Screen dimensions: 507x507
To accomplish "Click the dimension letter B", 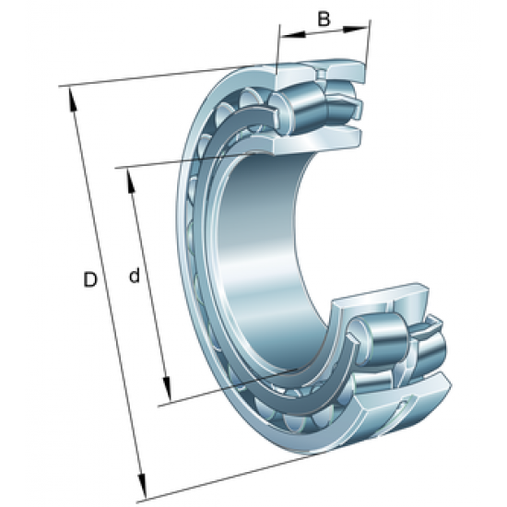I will click(324, 18).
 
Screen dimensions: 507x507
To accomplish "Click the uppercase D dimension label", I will click(89, 279).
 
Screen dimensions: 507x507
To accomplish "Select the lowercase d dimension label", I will click(135, 276).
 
